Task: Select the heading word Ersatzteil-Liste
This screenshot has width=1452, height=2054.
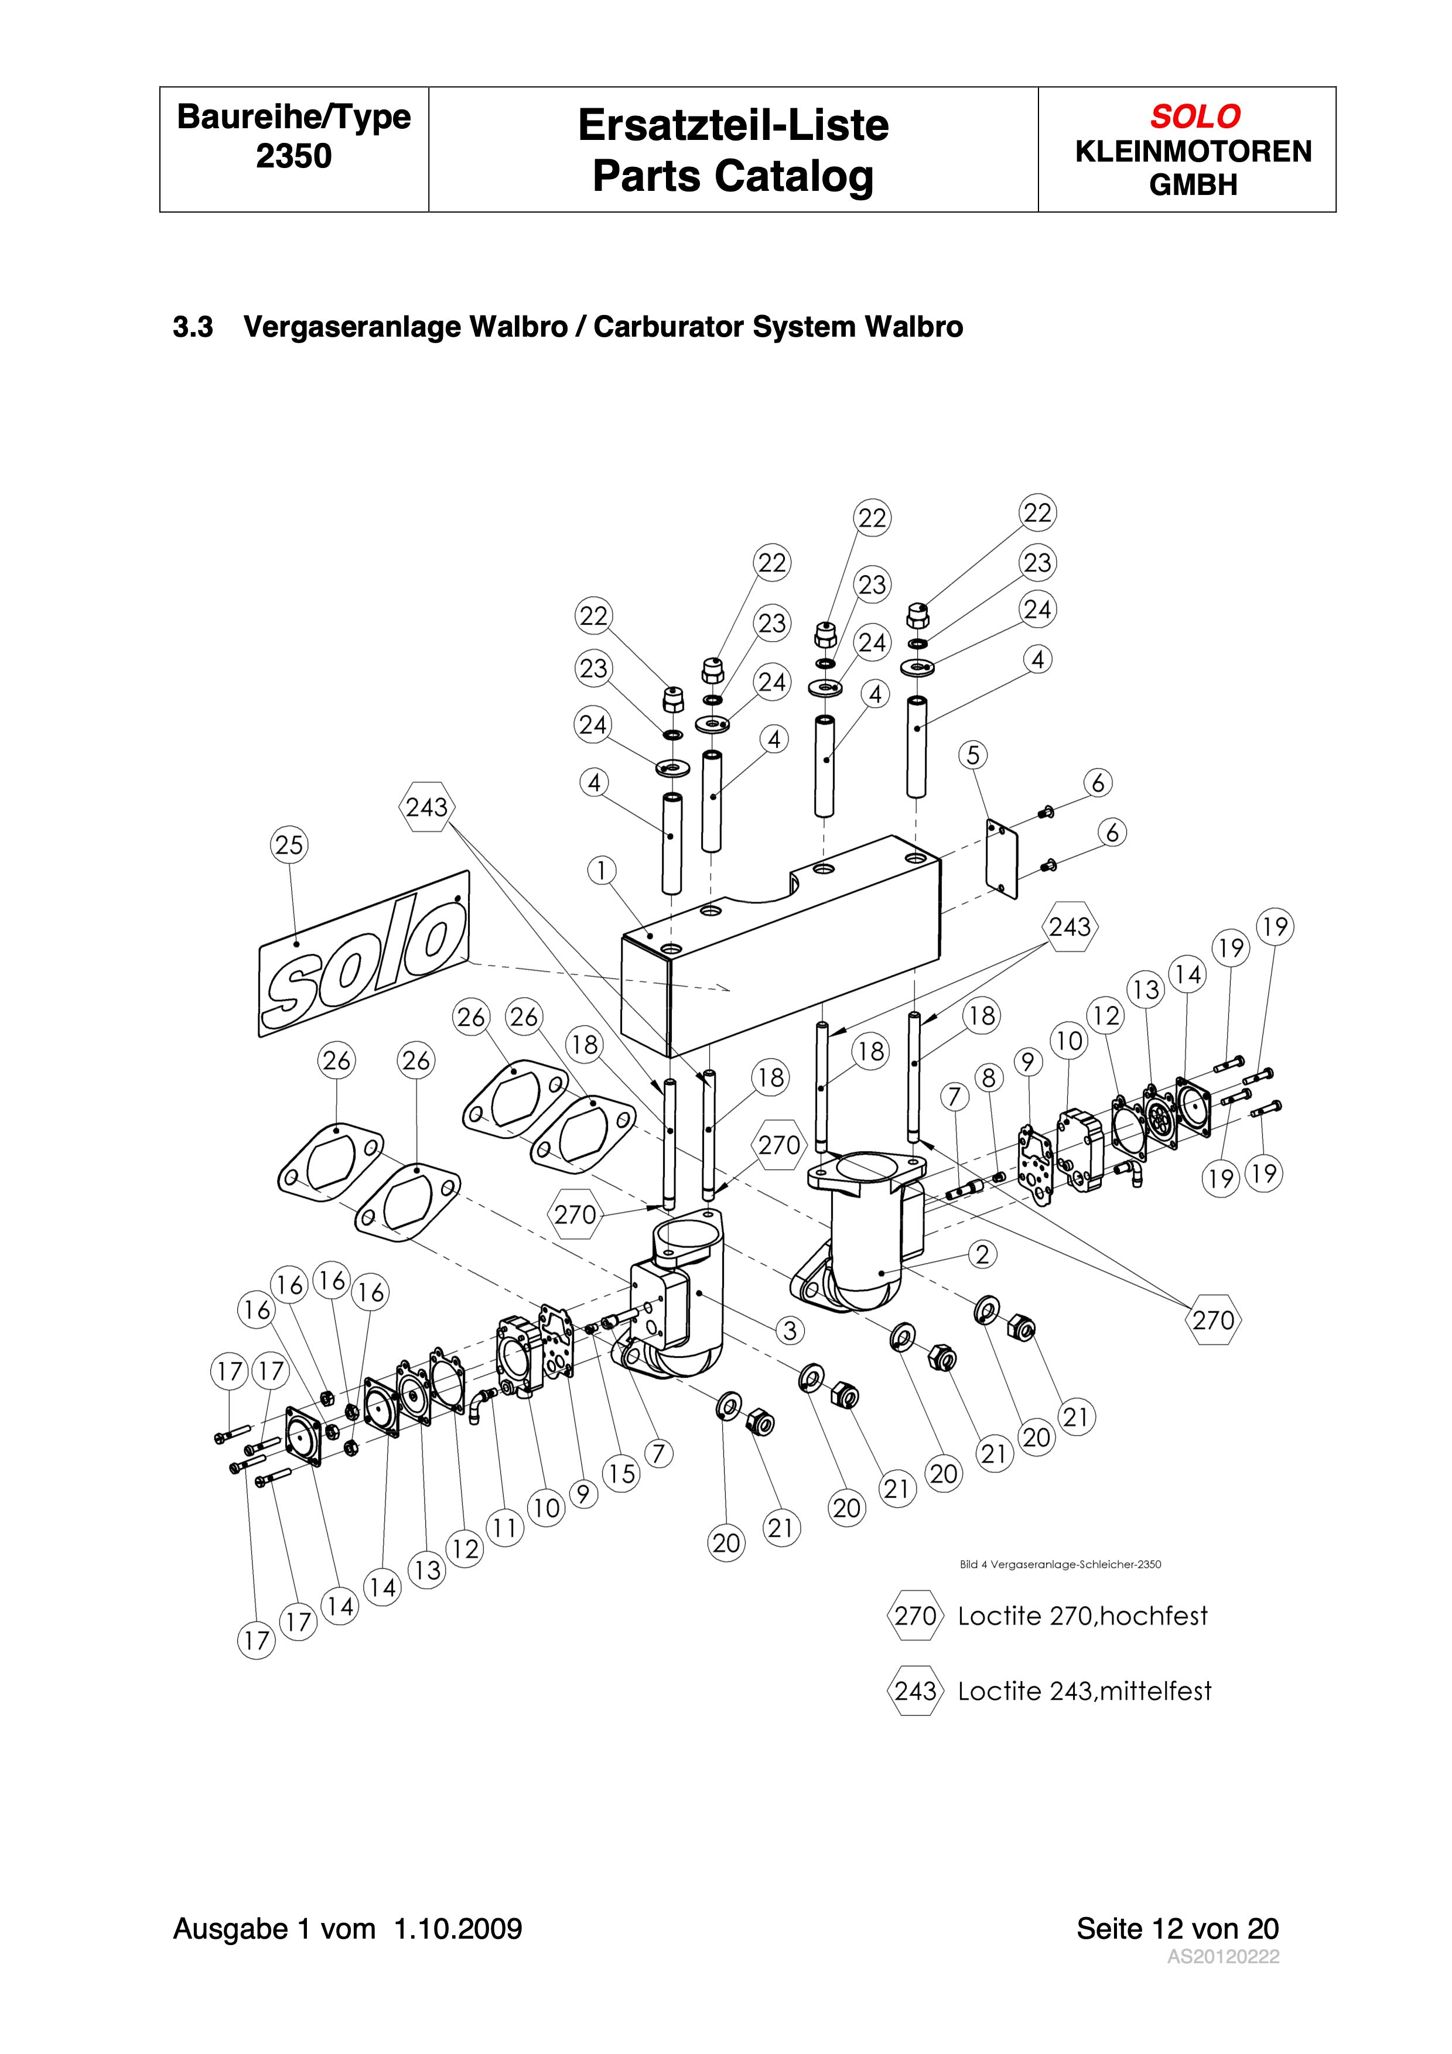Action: point(733,125)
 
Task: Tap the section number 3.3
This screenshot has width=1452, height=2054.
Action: point(192,327)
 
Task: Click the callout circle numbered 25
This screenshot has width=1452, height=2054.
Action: point(289,844)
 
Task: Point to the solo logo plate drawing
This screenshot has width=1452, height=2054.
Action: point(364,954)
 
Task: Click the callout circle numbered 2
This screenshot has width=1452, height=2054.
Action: point(982,1254)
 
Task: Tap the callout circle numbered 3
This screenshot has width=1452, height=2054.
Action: point(789,1330)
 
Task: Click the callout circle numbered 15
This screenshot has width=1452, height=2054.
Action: point(622,1473)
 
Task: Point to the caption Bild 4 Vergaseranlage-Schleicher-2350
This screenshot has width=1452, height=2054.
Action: point(1060,1565)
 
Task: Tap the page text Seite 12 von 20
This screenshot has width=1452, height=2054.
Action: point(1177,1928)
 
